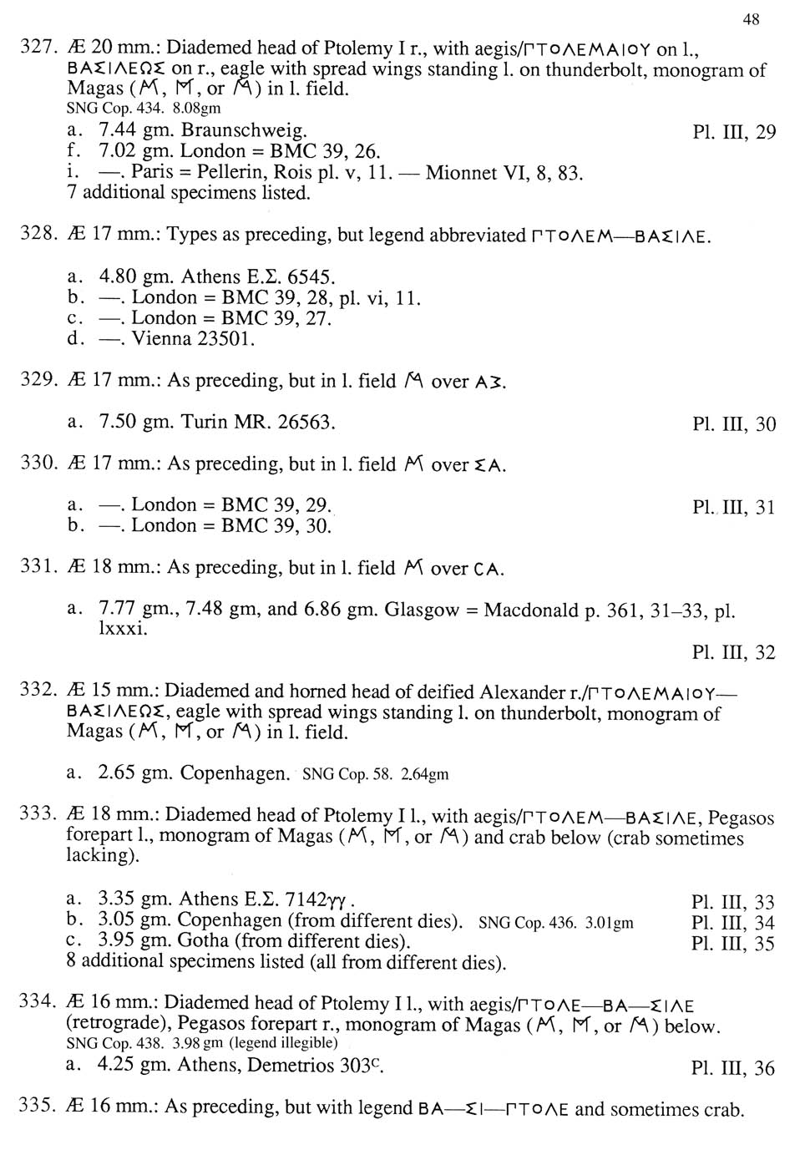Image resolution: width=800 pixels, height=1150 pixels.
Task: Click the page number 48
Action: (750, 19)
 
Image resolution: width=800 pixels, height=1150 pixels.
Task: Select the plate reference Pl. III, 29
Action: (734, 133)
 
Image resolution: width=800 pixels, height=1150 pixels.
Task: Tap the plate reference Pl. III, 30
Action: (734, 424)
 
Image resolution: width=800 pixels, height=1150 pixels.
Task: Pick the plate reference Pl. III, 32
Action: (734, 652)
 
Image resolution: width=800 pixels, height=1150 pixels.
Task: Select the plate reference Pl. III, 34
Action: (733, 923)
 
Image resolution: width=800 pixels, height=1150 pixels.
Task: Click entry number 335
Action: (37, 1107)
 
